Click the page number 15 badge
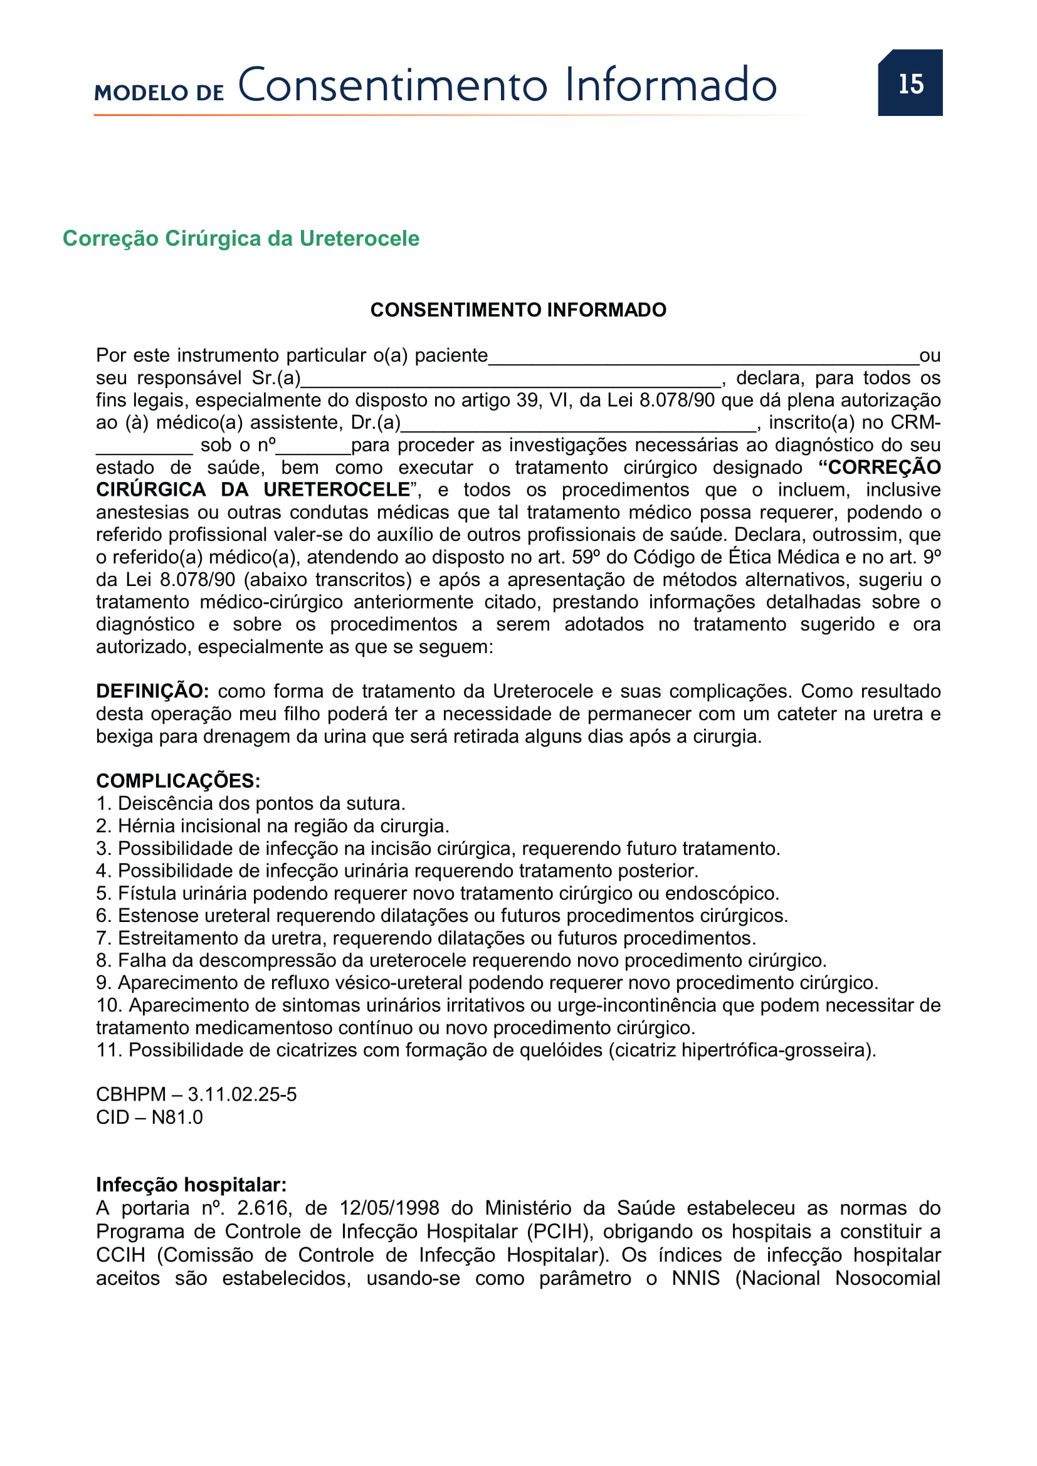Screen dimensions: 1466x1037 pyautogui.click(x=910, y=83)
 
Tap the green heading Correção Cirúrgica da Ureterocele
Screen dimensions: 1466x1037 pyautogui.click(x=241, y=238)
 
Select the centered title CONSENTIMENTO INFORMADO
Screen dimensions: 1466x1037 pyautogui.click(x=518, y=310)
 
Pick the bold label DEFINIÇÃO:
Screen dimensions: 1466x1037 pyautogui.click(x=152, y=691)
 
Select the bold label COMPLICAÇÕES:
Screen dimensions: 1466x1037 pyautogui.click(x=178, y=780)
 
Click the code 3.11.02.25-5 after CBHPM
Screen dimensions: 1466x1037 pyautogui.click(x=242, y=1094)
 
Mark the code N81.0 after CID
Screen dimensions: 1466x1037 pyautogui.click(x=177, y=1117)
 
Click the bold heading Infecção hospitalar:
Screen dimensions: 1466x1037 pyautogui.click(x=191, y=1185)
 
